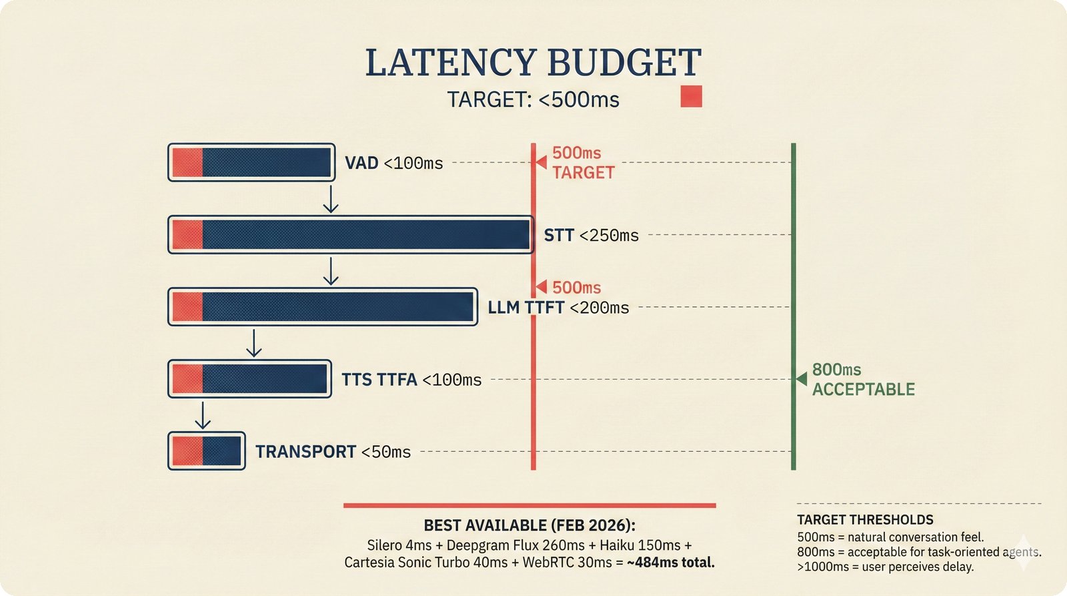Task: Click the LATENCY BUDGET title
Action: pos(533,63)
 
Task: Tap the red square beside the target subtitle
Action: pos(691,97)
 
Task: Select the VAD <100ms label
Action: pos(393,163)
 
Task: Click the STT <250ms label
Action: pos(591,235)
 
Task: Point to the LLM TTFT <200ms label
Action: pos(558,307)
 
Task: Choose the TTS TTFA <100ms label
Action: pos(411,380)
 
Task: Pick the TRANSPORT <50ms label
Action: pos(333,452)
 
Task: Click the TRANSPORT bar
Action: pos(207,451)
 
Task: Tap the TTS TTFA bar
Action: pos(250,379)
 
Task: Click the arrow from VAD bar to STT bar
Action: pos(330,200)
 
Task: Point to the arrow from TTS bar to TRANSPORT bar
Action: pos(203,416)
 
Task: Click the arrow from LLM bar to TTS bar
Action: pos(253,343)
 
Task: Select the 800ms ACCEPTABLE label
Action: pos(863,379)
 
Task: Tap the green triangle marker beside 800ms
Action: pos(802,378)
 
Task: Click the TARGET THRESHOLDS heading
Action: pos(865,520)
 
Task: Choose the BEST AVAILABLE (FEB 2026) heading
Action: pos(529,526)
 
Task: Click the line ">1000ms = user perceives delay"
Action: pos(885,567)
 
